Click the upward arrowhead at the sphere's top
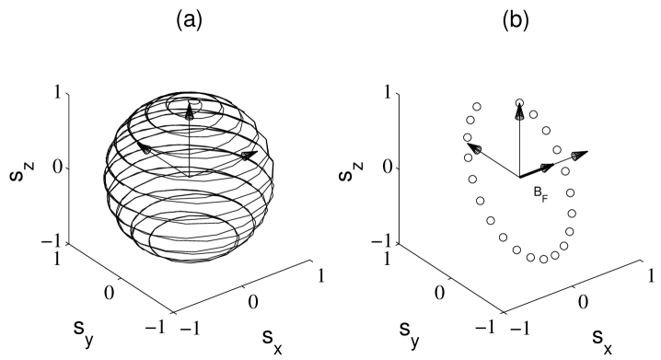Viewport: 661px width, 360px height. (x=189, y=111)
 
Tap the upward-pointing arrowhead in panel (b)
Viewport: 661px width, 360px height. (x=520, y=111)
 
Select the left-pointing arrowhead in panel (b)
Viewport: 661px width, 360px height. (x=472, y=147)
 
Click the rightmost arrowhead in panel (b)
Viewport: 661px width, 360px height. (x=578, y=156)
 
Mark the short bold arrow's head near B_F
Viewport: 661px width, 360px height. (x=548, y=167)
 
